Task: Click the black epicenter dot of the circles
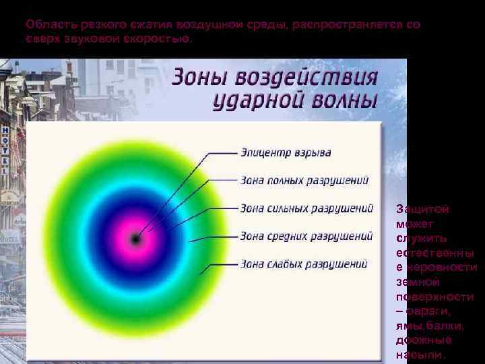click(x=136, y=238)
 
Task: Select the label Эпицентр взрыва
click(x=286, y=152)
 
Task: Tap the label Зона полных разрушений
click(x=304, y=180)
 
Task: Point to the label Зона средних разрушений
click(x=306, y=236)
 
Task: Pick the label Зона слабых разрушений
click(x=304, y=264)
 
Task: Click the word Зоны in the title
click(x=199, y=75)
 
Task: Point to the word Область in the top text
click(x=48, y=24)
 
